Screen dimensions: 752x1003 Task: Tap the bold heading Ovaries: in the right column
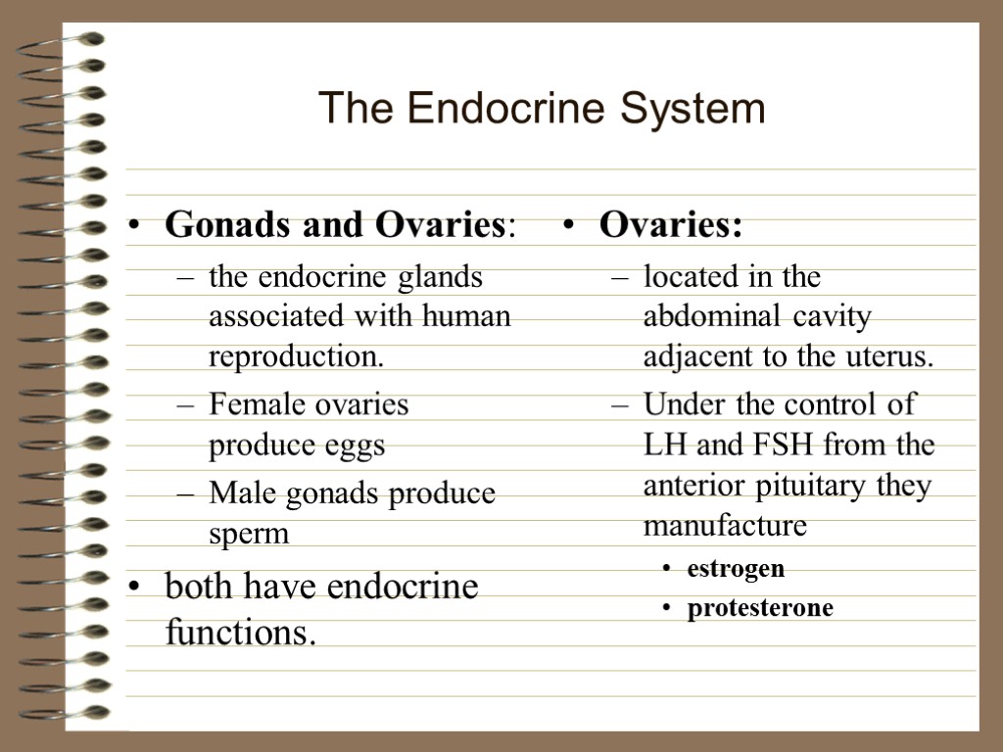(x=671, y=225)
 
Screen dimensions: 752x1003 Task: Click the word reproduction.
(x=296, y=357)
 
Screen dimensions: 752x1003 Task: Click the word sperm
(x=249, y=535)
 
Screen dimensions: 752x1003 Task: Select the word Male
(x=235, y=493)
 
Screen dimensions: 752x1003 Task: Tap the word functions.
(x=241, y=633)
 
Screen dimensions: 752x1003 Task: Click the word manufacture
(x=725, y=527)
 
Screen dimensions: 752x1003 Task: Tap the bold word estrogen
(x=736, y=568)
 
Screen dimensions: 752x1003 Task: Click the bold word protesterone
(x=760, y=608)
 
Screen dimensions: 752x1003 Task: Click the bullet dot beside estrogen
(x=667, y=569)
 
